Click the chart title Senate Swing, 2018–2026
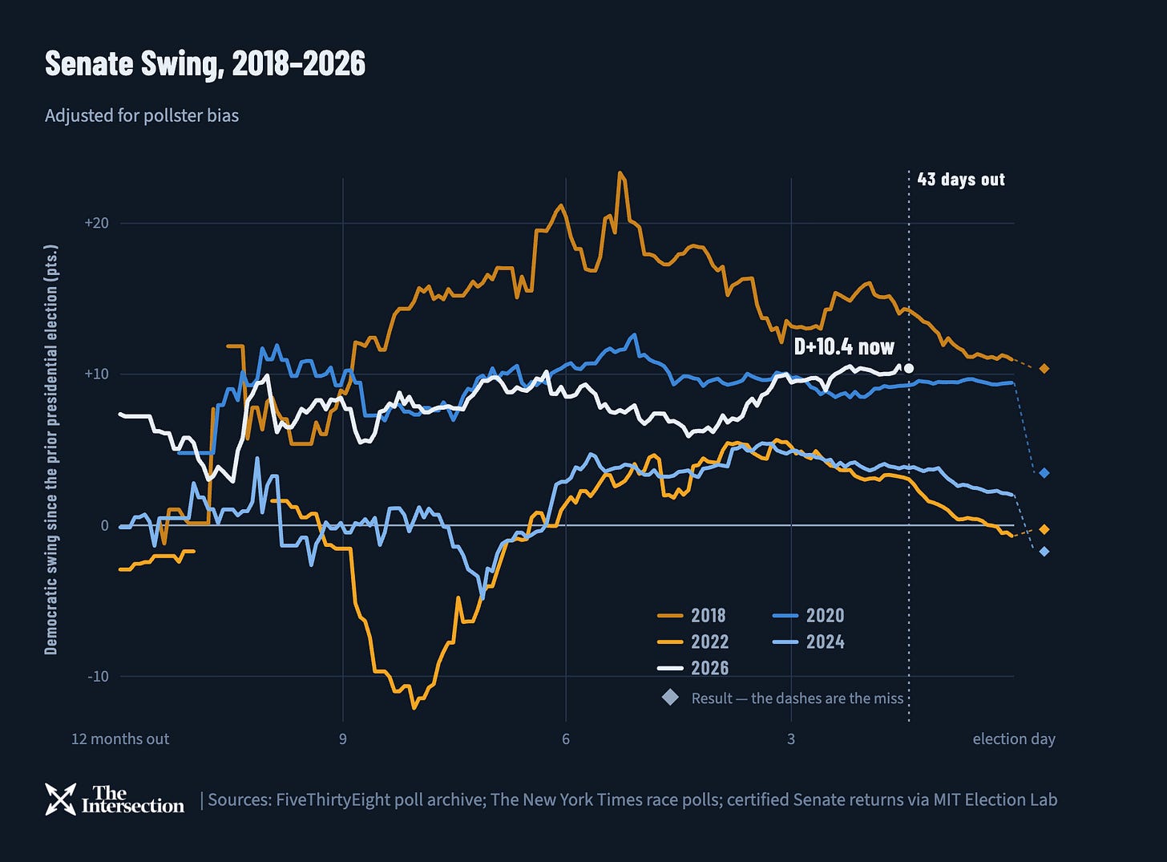(204, 64)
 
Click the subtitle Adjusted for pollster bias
(142, 115)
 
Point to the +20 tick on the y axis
(97, 223)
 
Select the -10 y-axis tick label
(98, 676)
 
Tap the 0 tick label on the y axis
(105, 525)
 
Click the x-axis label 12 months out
(120, 739)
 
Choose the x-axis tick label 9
(343, 739)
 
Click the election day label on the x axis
(1014, 739)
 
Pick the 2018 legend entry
(692, 615)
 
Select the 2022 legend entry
(693, 641)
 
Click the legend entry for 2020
(808, 615)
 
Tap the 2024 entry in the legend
(808, 641)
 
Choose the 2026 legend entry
(693, 668)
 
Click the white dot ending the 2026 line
(908, 368)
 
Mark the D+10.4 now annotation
(844, 346)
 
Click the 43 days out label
(961, 179)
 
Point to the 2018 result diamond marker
(1044, 369)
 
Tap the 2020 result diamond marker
(1044, 473)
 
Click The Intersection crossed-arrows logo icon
(60, 799)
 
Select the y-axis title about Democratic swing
(51, 450)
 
